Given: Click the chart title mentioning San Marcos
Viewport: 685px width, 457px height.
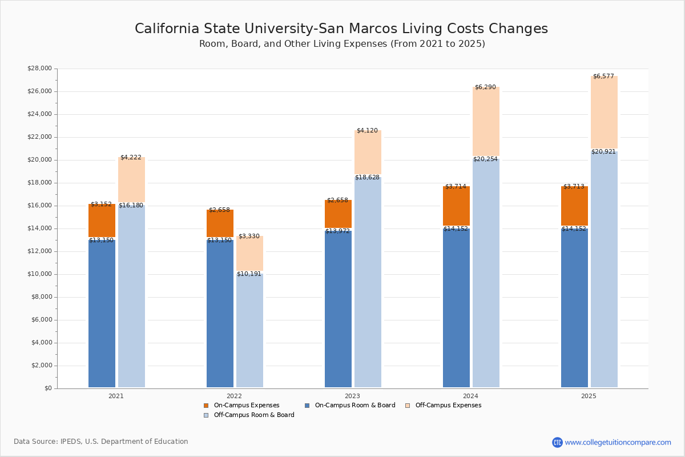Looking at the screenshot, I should (x=341, y=29).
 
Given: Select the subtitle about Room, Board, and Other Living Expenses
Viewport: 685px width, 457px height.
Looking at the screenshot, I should (x=342, y=44).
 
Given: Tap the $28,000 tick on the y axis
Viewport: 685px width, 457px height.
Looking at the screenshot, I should (x=39, y=69).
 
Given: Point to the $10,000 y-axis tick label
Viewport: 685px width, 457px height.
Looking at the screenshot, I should (x=39, y=274).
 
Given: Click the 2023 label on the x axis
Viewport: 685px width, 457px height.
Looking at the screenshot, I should (x=352, y=396).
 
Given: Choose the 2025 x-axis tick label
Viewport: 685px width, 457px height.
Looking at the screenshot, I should (x=589, y=396).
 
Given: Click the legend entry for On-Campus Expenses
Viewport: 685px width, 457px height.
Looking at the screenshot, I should (x=246, y=406).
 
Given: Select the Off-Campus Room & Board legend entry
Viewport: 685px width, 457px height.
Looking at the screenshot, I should (x=253, y=415).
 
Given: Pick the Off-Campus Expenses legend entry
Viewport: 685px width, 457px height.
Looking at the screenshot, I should (x=448, y=406).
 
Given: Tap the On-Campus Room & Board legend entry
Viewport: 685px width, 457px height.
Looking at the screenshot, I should (x=354, y=406).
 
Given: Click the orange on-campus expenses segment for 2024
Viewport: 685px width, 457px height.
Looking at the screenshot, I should (x=456, y=206).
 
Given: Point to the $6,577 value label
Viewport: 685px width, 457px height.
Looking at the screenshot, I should (x=604, y=76).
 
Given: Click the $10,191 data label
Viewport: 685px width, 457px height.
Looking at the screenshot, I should (x=249, y=274).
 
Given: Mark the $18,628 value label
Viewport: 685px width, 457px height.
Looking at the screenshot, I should (x=367, y=178).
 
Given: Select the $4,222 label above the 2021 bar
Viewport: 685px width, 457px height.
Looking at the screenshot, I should (x=131, y=157).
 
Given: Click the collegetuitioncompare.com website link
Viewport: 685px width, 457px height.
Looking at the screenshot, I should (x=618, y=442).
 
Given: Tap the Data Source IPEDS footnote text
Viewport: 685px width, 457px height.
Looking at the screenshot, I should (x=101, y=442).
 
